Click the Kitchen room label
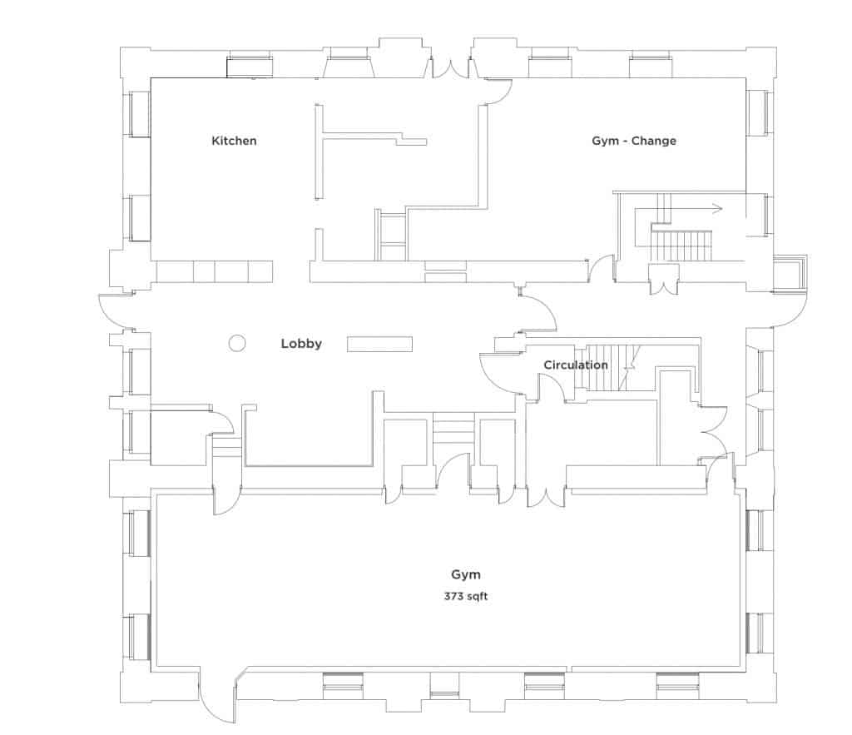[234, 141]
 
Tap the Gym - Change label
[634, 141]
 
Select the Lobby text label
[301, 343]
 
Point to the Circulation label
[575, 365]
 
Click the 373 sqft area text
[466, 596]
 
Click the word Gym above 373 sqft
[466, 574]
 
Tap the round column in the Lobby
[237, 342]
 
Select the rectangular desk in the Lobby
[379, 343]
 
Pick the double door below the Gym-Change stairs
[662, 281]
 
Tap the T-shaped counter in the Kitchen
[366, 137]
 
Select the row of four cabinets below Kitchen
[215, 271]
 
